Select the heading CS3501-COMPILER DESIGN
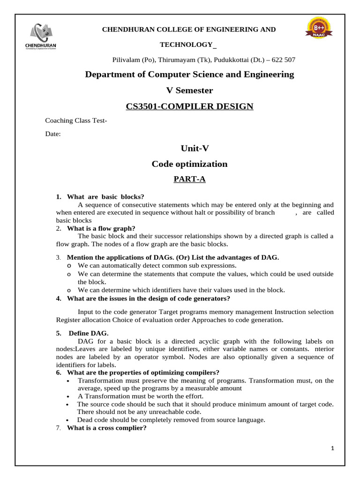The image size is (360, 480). click(189, 106)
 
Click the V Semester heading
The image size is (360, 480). click(189, 90)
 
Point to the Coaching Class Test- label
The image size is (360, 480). click(76, 120)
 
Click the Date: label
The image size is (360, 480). click(52, 134)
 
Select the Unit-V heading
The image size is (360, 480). click(189, 148)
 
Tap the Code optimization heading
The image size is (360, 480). click(189, 164)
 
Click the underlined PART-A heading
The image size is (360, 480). click(189, 179)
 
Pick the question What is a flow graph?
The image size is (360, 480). click(101, 228)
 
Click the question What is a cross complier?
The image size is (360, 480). click(107, 427)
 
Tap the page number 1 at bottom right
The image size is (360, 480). click(332, 449)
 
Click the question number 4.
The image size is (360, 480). click(58, 299)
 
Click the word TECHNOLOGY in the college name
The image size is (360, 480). click(186, 45)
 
